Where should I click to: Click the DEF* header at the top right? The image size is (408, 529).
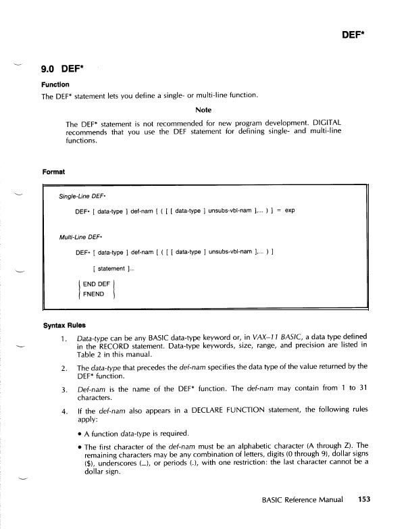[x=353, y=32]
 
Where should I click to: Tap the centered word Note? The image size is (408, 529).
[x=203, y=109]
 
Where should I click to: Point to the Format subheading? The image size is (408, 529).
[x=53, y=172]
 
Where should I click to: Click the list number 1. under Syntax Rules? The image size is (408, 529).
[x=64, y=338]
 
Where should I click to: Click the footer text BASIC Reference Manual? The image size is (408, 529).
[x=302, y=501]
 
